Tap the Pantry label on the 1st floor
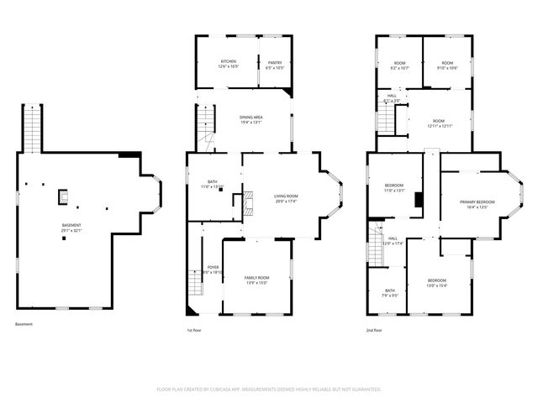(x=275, y=61)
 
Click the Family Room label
(x=256, y=279)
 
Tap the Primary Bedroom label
(x=477, y=202)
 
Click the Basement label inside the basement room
(x=72, y=225)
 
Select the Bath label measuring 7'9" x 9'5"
(x=390, y=291)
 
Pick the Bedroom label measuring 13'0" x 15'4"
(x=437, y=281)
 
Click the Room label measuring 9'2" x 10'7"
(x=400, y=64)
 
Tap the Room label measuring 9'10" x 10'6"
(x=447, y=64)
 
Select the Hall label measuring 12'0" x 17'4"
(x=393, y=240)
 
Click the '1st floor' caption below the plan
(x=194, y=331)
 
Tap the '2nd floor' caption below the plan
(x=374, y=331)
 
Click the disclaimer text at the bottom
(x=269, y=389)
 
